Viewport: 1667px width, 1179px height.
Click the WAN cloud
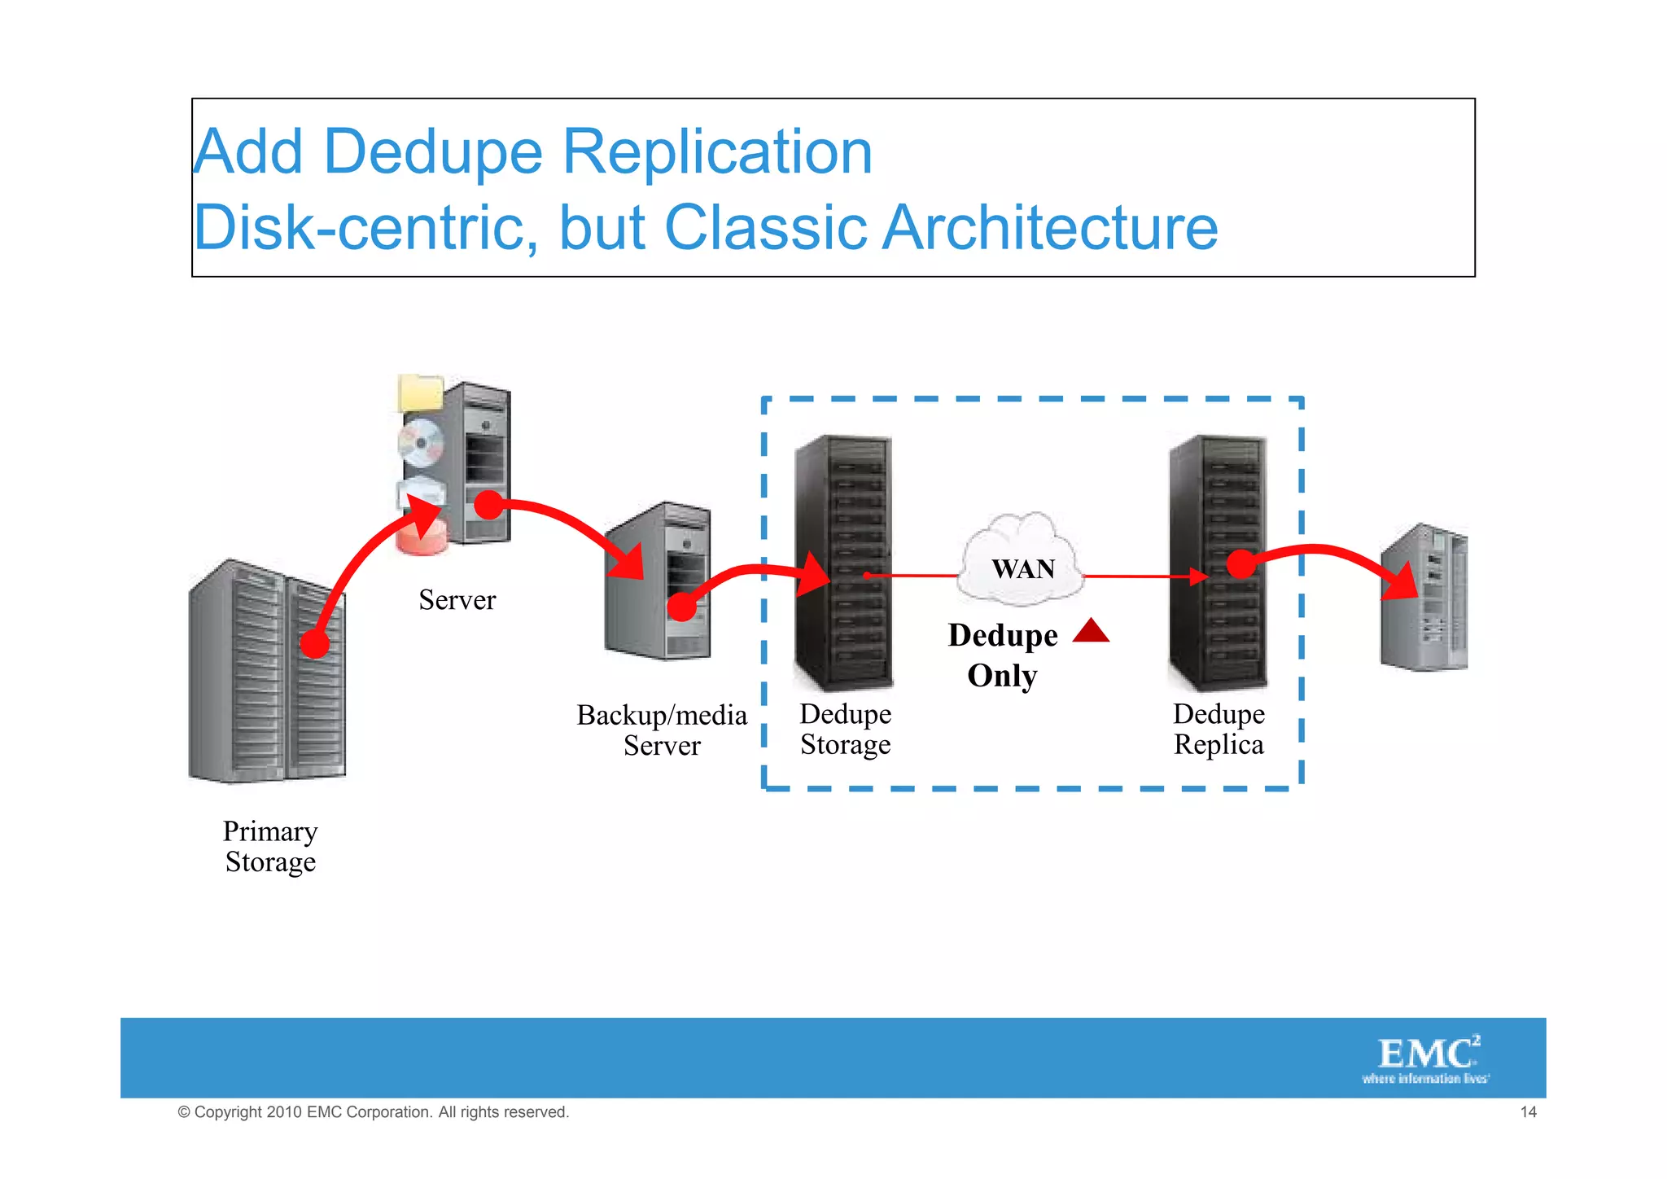1022,562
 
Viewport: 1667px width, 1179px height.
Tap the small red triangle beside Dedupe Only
1091,632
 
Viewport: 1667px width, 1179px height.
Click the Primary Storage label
270,846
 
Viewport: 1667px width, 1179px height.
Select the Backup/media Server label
662,730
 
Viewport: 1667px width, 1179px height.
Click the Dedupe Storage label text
845,729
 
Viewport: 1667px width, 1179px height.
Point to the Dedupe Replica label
1219,729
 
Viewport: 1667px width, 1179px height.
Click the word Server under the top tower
457,600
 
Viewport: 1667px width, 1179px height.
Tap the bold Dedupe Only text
1003,655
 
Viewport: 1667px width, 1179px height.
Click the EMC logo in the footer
1427,1058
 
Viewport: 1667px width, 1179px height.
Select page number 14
1528,1112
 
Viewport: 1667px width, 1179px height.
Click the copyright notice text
373,1112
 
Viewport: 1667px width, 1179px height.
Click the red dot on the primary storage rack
314,644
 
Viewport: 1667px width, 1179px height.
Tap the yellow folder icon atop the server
421,393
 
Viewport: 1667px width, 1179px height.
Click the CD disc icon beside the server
420,443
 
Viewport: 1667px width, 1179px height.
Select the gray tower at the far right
1424,598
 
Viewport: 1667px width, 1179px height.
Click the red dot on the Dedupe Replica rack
1240,563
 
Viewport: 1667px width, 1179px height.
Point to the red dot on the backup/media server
682,607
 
